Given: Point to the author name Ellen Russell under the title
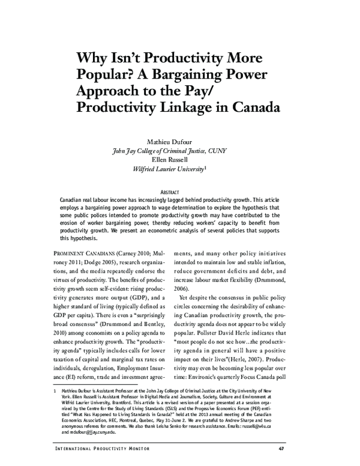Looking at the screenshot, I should pyautogui.click(x=179, y=160).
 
